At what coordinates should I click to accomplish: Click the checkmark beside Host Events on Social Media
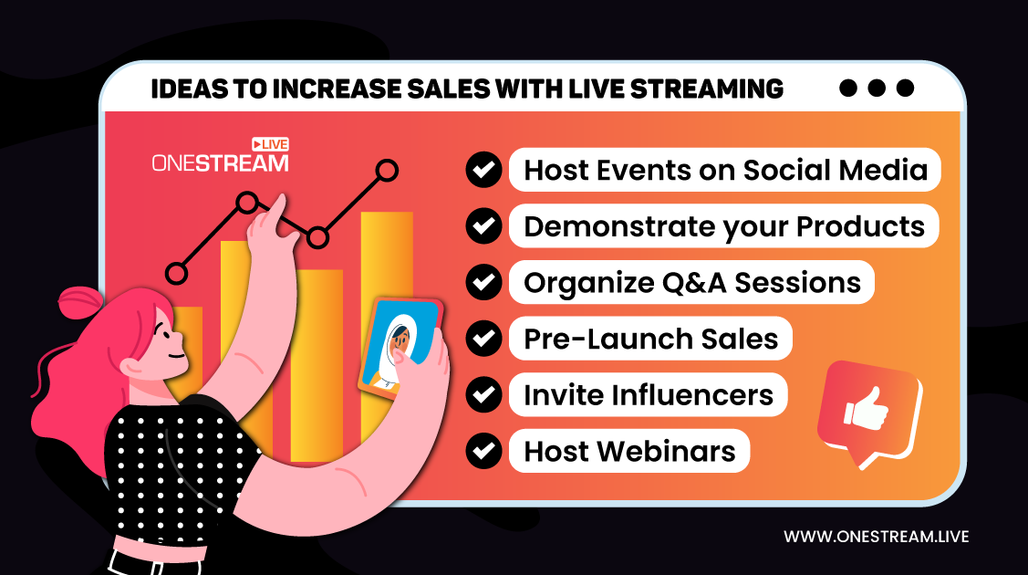coord(483,170)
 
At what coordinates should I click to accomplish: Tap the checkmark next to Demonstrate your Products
coord(483,226)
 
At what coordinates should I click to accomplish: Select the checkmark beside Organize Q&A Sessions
coord(483,283)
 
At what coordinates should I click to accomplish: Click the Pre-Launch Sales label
coord(651,339)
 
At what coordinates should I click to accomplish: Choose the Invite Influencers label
coord(649,395)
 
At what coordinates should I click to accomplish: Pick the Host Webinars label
coord(629,451)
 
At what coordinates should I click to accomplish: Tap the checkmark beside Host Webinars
coord(483,451)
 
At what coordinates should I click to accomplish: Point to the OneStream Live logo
coord(221,155)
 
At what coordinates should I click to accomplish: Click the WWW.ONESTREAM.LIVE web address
coord(876,537)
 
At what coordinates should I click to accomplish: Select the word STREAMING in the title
coord(707,89)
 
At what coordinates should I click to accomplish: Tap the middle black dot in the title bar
coord(877,88)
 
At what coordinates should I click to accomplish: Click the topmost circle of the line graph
coord(388,171)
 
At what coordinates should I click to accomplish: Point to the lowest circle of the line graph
coord(176,274)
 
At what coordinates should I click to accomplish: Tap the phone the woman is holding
coord(400,348)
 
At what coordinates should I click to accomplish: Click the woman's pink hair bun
coord(80,302)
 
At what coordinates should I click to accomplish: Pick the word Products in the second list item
coord(860,227)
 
